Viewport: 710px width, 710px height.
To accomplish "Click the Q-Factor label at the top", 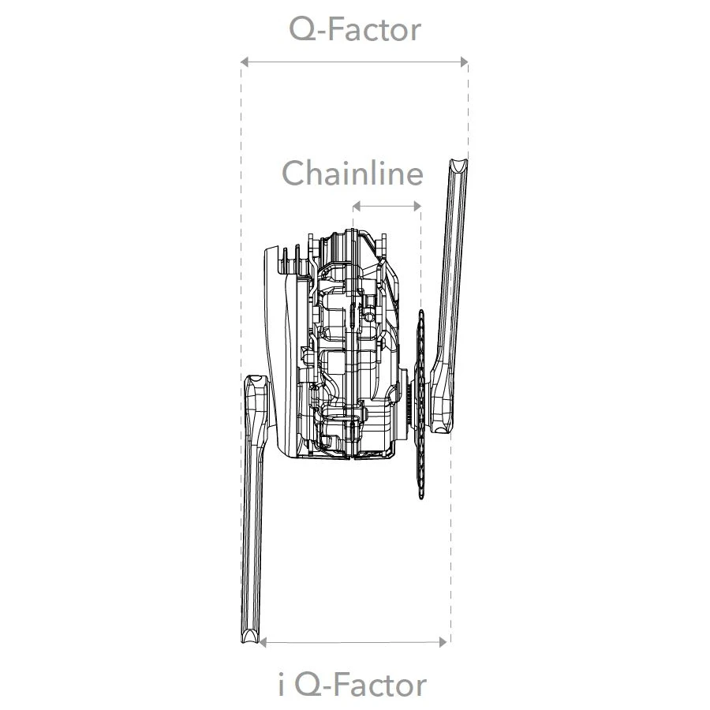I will click(x=355, y=30).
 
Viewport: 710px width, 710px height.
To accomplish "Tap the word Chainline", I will click(x=353, y=174).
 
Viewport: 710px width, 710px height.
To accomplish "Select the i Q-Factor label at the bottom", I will click(x=353, y=684).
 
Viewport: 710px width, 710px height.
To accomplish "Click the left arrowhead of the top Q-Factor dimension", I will click(x=245, y=62).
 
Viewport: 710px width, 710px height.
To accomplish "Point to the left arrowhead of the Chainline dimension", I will click(x=356, y=207).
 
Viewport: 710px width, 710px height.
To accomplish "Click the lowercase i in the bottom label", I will click(x=282, y=684).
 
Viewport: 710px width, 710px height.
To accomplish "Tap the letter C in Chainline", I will click(x=294, y=174).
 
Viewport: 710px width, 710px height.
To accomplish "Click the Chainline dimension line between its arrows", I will click(x=387, y=207).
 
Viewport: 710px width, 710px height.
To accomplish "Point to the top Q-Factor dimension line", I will click(x=354, y=62).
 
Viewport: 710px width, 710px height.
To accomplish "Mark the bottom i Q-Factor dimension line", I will click(x=353, y=642).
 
